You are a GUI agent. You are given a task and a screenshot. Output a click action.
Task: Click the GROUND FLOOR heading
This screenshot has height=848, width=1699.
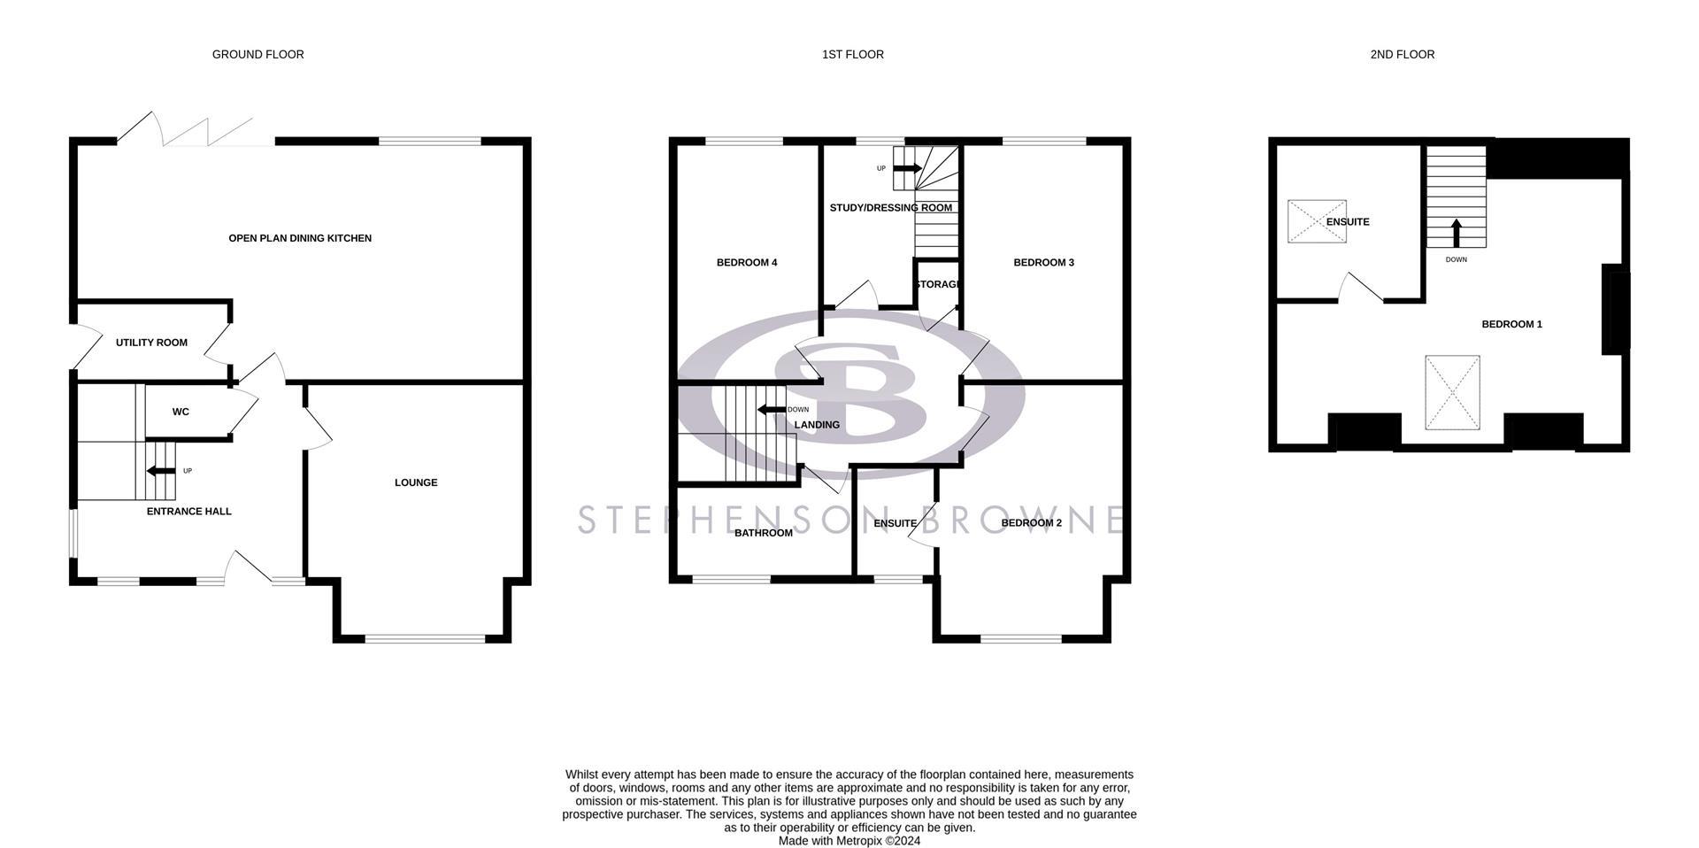(258, 55)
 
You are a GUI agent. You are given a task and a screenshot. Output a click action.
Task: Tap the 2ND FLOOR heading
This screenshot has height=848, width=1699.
(1402, 55)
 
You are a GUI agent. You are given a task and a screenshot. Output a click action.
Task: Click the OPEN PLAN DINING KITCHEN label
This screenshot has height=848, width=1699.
(300, 238)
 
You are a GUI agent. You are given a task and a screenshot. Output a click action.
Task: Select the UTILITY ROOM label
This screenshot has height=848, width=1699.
(151, 343)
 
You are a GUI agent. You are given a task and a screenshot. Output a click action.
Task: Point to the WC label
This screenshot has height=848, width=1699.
(181, 412)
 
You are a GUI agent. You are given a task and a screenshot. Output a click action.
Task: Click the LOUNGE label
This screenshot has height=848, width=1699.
(416, 482)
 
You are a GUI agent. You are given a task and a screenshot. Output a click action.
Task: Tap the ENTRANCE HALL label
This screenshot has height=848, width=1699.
(188, 511)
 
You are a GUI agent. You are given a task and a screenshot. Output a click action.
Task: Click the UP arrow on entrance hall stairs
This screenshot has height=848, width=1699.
(161, 471)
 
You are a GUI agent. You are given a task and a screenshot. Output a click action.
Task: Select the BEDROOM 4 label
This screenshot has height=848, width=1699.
(747, 263)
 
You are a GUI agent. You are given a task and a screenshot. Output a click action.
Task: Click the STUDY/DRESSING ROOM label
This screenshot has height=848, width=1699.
(890, 208)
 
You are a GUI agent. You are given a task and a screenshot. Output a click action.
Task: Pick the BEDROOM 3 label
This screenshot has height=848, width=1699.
(1043, 263)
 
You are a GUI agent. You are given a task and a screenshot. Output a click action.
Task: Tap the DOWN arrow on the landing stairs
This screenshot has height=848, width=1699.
(772, 409)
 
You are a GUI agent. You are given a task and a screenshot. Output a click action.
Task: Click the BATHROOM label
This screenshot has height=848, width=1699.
(763, 533)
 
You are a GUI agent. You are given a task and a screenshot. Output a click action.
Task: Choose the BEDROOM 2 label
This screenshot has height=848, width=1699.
(1031, 523)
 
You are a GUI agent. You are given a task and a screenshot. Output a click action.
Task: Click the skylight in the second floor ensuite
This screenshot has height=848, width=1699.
(1316, 221)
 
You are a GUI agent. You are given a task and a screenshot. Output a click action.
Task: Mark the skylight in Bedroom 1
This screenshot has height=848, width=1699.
(1452, 393)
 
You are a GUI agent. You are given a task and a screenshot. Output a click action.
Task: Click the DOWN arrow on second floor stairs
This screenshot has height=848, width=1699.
(1456, 233)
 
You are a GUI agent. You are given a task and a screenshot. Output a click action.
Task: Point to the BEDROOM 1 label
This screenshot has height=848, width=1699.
(1511, 324)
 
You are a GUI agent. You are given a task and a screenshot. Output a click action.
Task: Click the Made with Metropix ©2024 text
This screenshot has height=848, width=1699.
(849, 841)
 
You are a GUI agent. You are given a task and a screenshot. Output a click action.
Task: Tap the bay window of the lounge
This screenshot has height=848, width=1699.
(425, 638)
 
